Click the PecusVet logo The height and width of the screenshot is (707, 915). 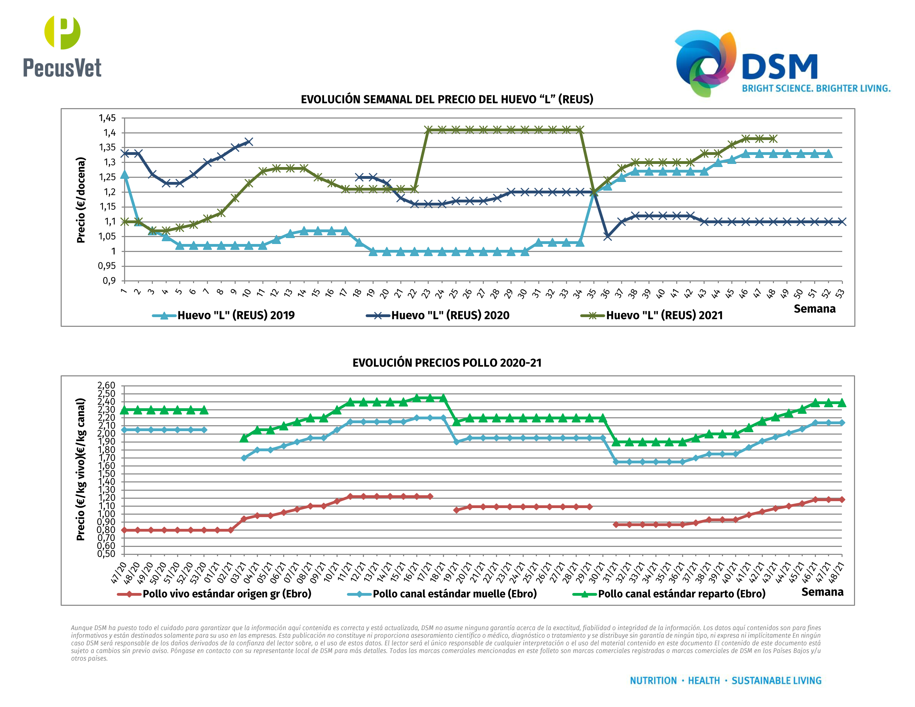pyautogui.click(x=62, y=46)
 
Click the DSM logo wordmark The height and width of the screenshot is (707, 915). pyautogui.click(x=779, y=67)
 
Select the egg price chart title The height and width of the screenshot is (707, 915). pyautogui.click(x=447, y=99)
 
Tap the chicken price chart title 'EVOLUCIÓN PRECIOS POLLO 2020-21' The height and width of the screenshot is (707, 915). pyautogui.click(x=447, y=363)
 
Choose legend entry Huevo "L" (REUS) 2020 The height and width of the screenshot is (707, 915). pyautogui.click(x=450, y=315)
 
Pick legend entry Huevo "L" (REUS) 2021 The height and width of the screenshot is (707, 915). pyautogui.click(x=664, y=315)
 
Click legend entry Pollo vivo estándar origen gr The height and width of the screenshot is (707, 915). pyautogui.click(x=227, y=594)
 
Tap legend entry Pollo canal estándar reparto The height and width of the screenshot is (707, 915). pyautogui.click(x=681, y=594)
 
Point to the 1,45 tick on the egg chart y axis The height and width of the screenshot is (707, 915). pyautogui.click(x=107, y=118)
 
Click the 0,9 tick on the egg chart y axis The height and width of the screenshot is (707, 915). pyautogui.click(x=109, y=281)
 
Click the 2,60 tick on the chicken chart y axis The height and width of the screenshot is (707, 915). pyautogui.click(x=106, y=385)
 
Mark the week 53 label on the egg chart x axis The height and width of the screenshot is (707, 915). pyautogui.click(x=839, y=294)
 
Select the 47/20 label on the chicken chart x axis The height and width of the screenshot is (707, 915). pyautogui.click(x=119, y=573)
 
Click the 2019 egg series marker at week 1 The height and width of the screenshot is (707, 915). pyautogui.click(x=124, y=175)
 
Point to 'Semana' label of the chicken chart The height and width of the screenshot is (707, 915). pyautogui.click(x=822, y=592)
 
